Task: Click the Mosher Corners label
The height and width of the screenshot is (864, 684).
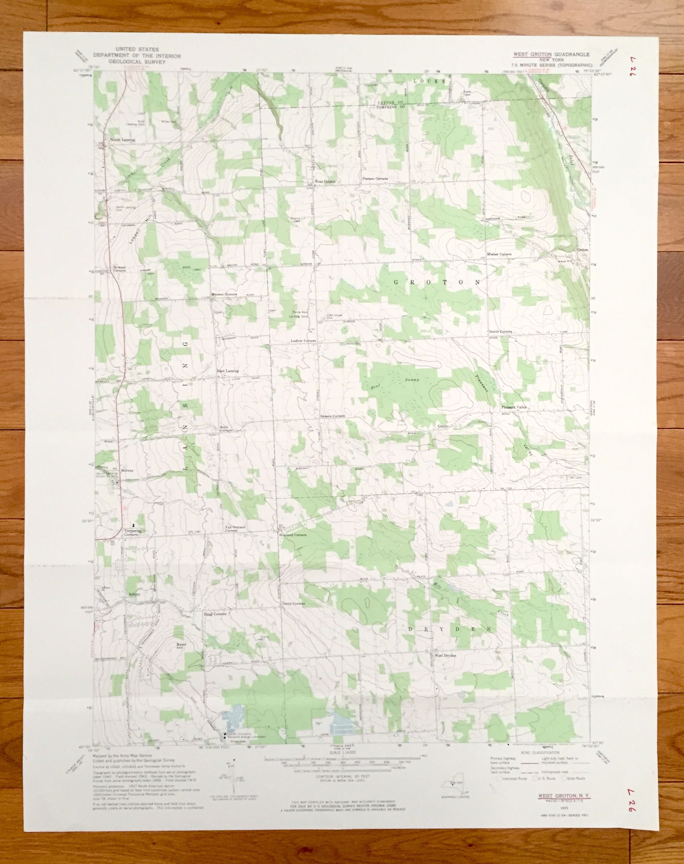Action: pyautogui.click(x=499, y=254)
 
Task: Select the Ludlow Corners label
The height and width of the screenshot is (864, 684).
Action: pyautogui.click(x=303, y=341)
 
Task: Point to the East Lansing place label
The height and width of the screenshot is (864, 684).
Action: pyautogui.click(x=228, y=371)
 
